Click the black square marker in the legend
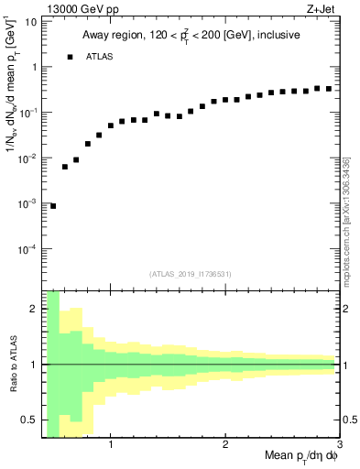click(70, 57)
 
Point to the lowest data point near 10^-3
click(53, 206)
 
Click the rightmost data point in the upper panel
click(328, 89)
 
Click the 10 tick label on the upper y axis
click(29, 21)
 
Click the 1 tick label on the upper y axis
click(33, 67)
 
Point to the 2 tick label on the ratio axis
click(33, 309)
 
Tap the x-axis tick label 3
click(338, 445)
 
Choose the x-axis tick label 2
click(225, 445)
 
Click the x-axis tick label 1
click(111, 445)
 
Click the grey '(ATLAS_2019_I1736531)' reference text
click(191, 273)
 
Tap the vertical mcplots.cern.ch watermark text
click(349, 183)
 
